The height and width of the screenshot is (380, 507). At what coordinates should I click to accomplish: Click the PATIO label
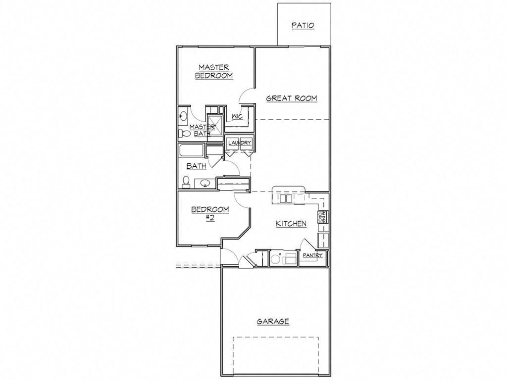pyautogui.click(x=303, y=25)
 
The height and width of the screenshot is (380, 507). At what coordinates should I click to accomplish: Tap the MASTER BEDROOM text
pyautogui.click(x=214, y=71)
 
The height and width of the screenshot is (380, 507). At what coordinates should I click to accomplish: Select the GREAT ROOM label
pyautogui.click(x=292, y=98)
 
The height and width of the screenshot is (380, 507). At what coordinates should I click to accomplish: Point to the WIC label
pyautogui.click(x=237, y=116)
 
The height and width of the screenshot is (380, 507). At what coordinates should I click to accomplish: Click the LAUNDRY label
pyautogui.click(x=240, y=143)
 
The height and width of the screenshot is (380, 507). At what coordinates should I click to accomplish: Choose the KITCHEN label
pyautogui.click(x=291, y=224)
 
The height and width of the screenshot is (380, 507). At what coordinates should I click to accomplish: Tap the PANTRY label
pyautogui.click(x=313, y=256)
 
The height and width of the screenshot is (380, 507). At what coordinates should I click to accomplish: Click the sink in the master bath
pyautogui.click(x=183, y=116)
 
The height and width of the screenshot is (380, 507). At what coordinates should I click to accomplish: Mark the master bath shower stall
pyautogui.click(x=215, y=123)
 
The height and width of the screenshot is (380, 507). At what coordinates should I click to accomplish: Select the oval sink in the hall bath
pyautogui.click(x=204, y=184)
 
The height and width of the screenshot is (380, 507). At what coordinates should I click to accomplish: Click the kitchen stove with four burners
pyautogui.click(x=323, y=217)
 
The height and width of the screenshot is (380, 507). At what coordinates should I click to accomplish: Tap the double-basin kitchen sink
pyautogui.click(x=284, y=198)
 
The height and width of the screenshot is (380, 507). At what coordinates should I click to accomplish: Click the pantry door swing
pyautogui.click(x=304, y=244)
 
